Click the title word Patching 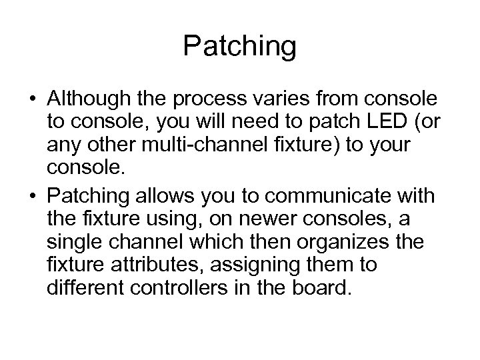coord(239,47)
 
